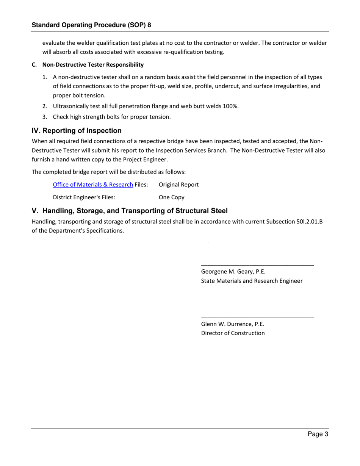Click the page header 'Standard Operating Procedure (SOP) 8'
pyautogui.click(x=91, y=25)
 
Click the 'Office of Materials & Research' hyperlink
pyautogui.click(x=93, y=185)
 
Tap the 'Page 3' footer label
pyautogui.click(x=318, y=434)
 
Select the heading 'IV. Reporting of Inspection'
pyautogui.click(x=77, y=131)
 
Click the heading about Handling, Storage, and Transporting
pyautogui.click(x=130, y=211)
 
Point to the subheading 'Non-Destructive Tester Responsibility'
pyautogui.click(x=93, y=65)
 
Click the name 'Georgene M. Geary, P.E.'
pyautogui.click(x=233, y=272)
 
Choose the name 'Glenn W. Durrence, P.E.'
pyautogui.click(x=232, y=324)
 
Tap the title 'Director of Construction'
pyautogui.click(x=233, y=333)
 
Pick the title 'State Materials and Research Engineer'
pyautogui.click(x=252, y=281)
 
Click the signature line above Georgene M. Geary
pyautogui.click(x=257, y=265)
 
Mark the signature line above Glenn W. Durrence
pyautogui.click(x=257, y=317)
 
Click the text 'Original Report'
pyautogui.click(x=178, y=185)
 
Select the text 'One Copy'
pyautogui.click(x=171, y=197)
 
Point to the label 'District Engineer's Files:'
pyautogui.click(x=84, y=197)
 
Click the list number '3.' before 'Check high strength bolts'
pyautogui.click(x=45, y=117)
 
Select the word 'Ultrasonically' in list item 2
pyautogui.click(x=71, y=106)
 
